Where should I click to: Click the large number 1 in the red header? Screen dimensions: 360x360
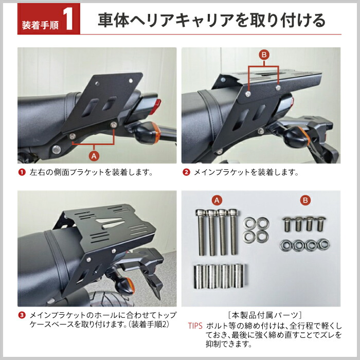(70, 21)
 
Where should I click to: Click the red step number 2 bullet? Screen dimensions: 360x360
(186, 172)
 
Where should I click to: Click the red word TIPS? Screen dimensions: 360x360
(195, 326)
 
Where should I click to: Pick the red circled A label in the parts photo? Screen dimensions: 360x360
(217, 199)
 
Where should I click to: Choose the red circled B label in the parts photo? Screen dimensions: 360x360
(305, 199)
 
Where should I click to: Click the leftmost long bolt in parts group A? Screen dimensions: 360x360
(200, 231)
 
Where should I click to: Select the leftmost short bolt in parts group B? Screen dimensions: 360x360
(287, 225)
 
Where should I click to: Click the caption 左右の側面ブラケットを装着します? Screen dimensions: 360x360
(91, 172)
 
